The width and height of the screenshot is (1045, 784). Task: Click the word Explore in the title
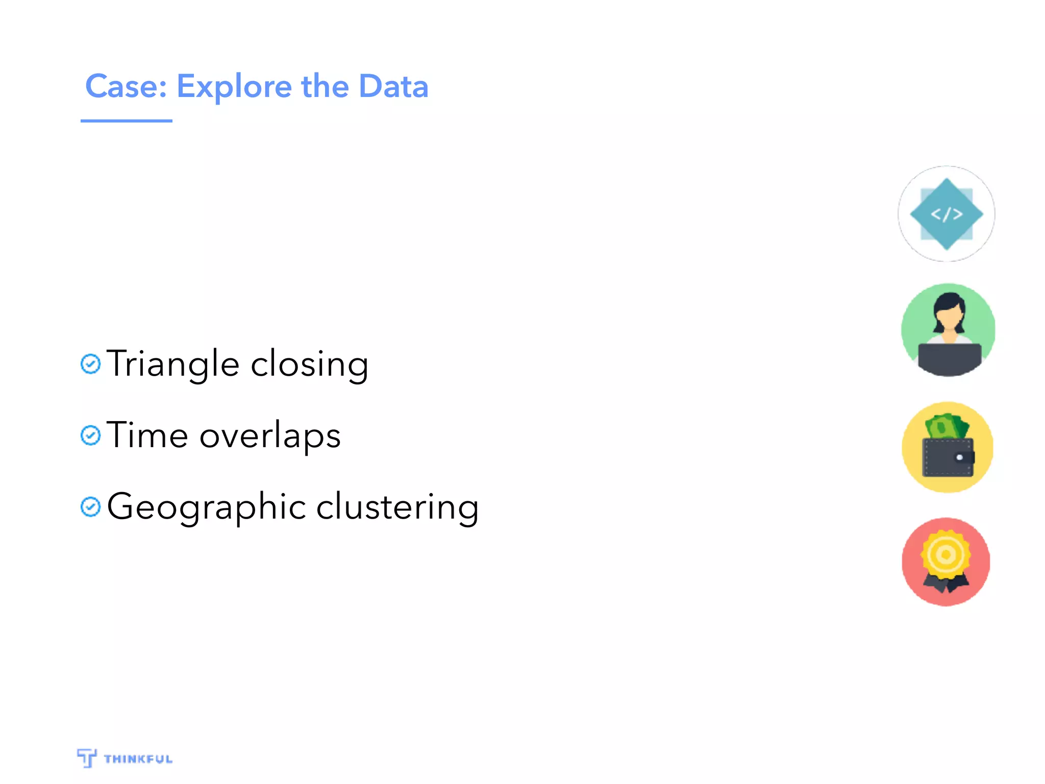coord(233,87)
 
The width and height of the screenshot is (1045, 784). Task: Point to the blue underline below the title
coord(126,121)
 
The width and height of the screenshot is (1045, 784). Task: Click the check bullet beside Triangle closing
coord(91,364)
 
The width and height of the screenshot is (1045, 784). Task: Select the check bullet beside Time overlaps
coord(91,435)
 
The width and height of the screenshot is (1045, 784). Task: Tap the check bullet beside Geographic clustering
coord(91,507)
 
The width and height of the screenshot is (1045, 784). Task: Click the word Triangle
coord(172,364)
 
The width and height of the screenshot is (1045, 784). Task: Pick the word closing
coord(309,364)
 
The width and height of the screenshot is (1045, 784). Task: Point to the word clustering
coord(397,507)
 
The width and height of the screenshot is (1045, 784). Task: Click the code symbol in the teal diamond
coord(947,214)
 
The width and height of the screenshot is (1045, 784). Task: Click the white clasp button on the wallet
coord(960,457)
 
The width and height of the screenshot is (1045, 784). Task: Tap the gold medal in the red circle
coord(946,555)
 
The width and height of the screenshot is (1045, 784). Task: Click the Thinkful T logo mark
coord(87,758)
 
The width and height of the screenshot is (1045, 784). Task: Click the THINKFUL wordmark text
coord(138,759)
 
